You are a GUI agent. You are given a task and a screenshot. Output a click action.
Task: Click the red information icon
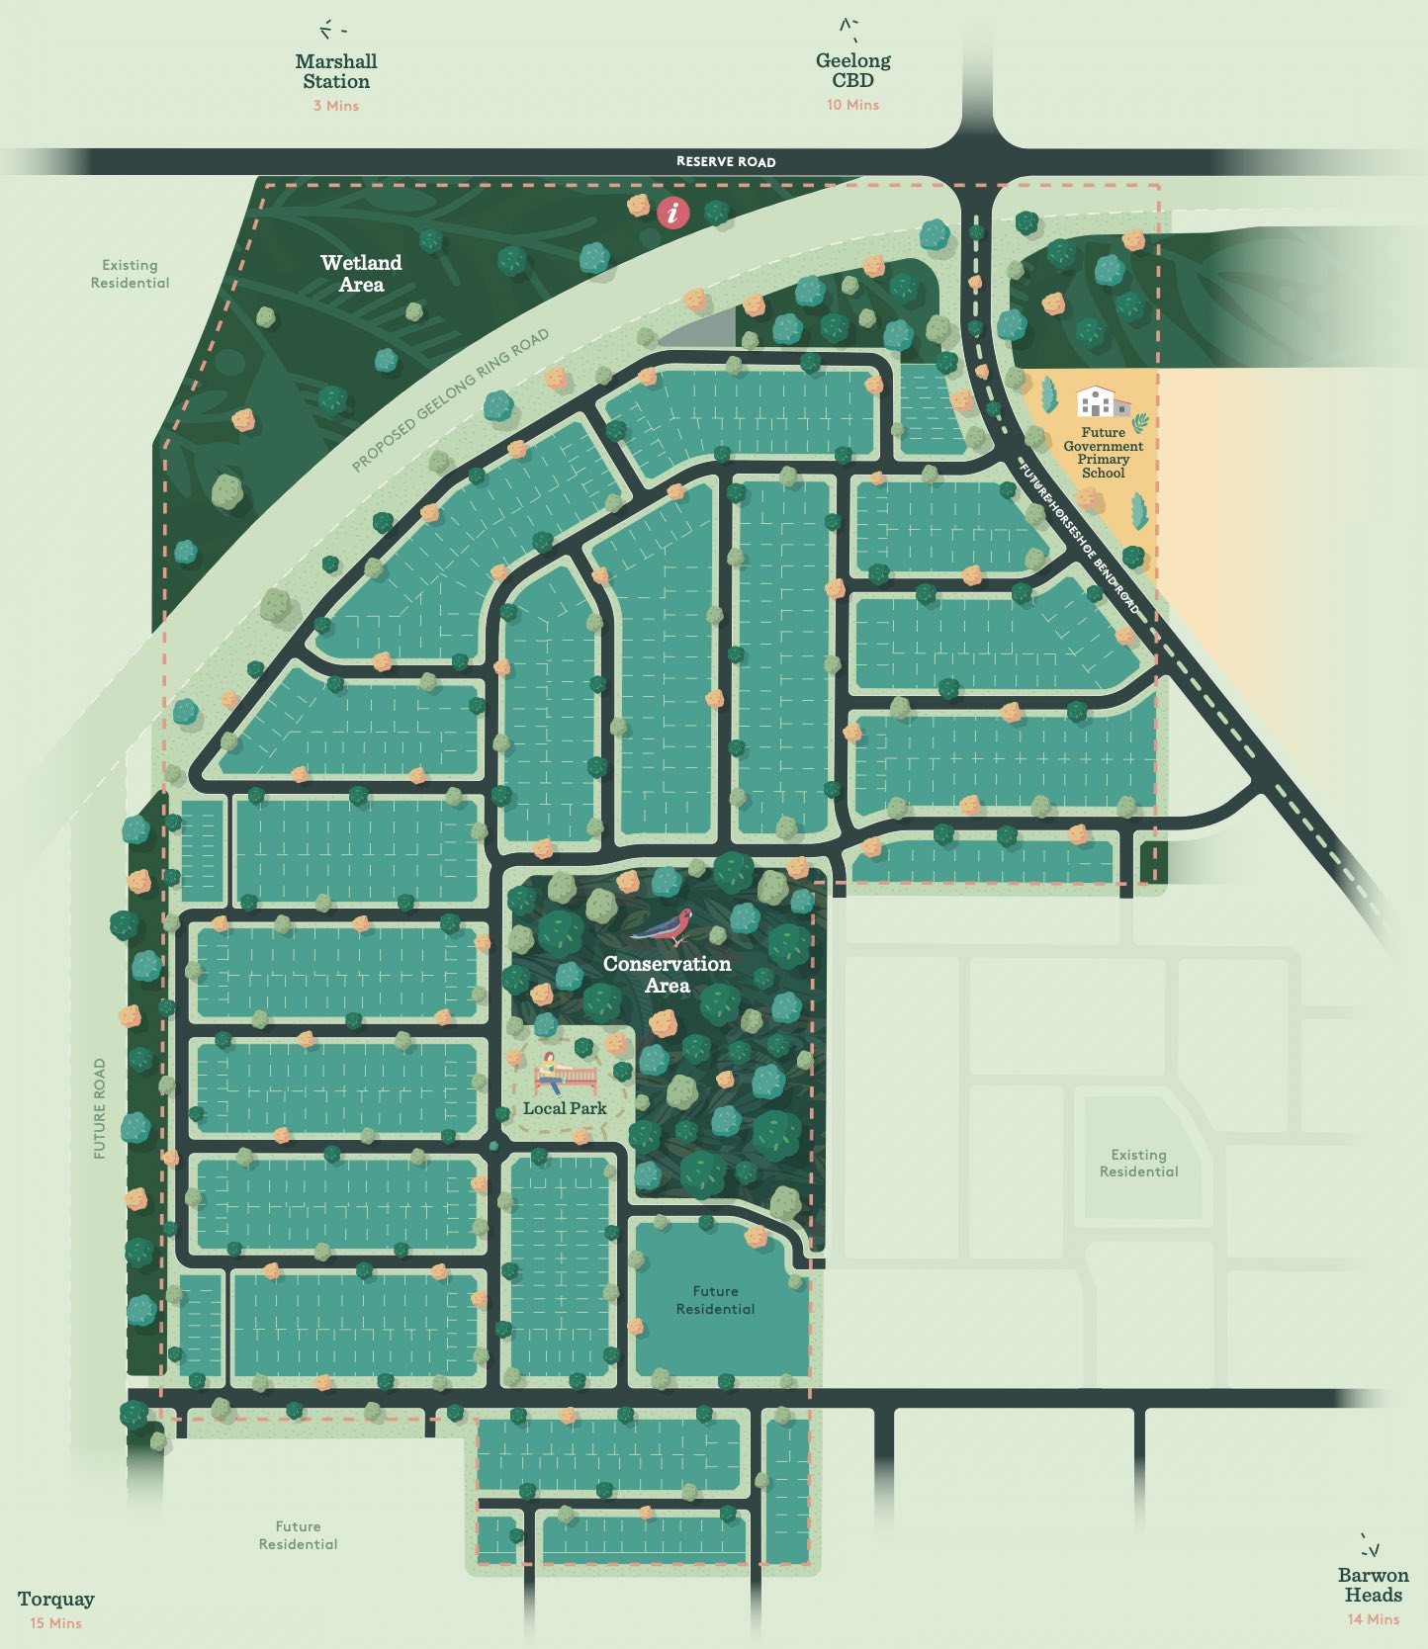click(673, 212)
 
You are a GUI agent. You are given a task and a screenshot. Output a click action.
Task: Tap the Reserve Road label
click(726, 161)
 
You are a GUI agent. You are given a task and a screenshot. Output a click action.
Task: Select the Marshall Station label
click(336, 71)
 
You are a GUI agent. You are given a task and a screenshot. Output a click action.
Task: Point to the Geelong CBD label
click(852, 70)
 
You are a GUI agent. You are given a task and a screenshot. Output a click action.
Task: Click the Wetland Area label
click(361, 274)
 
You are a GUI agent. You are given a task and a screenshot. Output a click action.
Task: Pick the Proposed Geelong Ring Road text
click(450, 400)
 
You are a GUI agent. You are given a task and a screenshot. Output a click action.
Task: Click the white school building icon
click(1103, 402)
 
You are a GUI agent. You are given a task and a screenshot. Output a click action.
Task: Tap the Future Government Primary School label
click(1104, 453)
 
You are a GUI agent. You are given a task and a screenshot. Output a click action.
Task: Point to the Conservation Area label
click(668, 974)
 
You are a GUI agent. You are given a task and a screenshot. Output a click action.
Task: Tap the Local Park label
click(565, 1108)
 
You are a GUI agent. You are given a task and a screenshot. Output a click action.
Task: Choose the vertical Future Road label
click(100, 1109)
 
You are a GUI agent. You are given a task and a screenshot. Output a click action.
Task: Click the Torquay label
click(56, 1599)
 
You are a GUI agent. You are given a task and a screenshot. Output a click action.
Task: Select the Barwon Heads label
click(1373, 1585)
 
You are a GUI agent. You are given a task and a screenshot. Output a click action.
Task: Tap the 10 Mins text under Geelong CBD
click(852, 105)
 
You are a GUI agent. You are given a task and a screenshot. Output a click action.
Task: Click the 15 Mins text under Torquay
click(56, 1623)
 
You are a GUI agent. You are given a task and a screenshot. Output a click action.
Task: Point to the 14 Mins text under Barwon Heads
click(1373, 1619)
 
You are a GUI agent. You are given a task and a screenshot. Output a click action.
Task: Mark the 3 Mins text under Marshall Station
click(336, 106)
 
